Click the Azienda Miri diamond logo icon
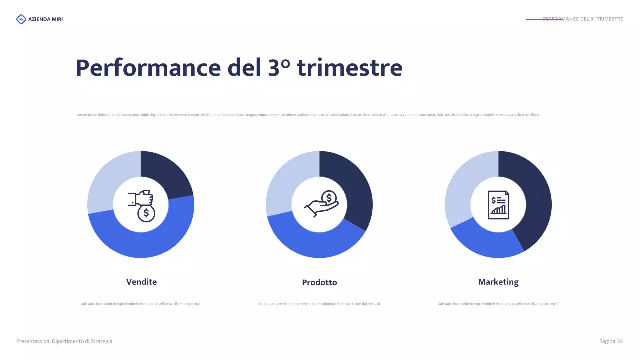point(21,19)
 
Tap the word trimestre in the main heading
point(350,68)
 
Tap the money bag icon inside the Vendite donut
point(141,205)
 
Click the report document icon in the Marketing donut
point(498,205)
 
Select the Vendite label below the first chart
point(141,282)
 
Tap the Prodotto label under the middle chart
point(319,282)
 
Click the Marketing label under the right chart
point(498,282)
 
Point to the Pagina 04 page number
point(611,341)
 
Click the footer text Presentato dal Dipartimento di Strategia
point(64,341)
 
